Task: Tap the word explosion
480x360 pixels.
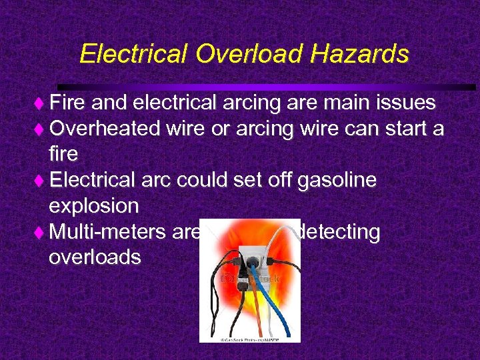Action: [x=93, y=205]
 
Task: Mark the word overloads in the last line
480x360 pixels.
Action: [x=95, y=257]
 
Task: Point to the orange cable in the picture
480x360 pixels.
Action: [x=257, y=313]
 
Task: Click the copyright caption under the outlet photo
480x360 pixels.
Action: [x=250, y=339]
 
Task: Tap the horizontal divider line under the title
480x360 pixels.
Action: [x=267, y=87]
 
